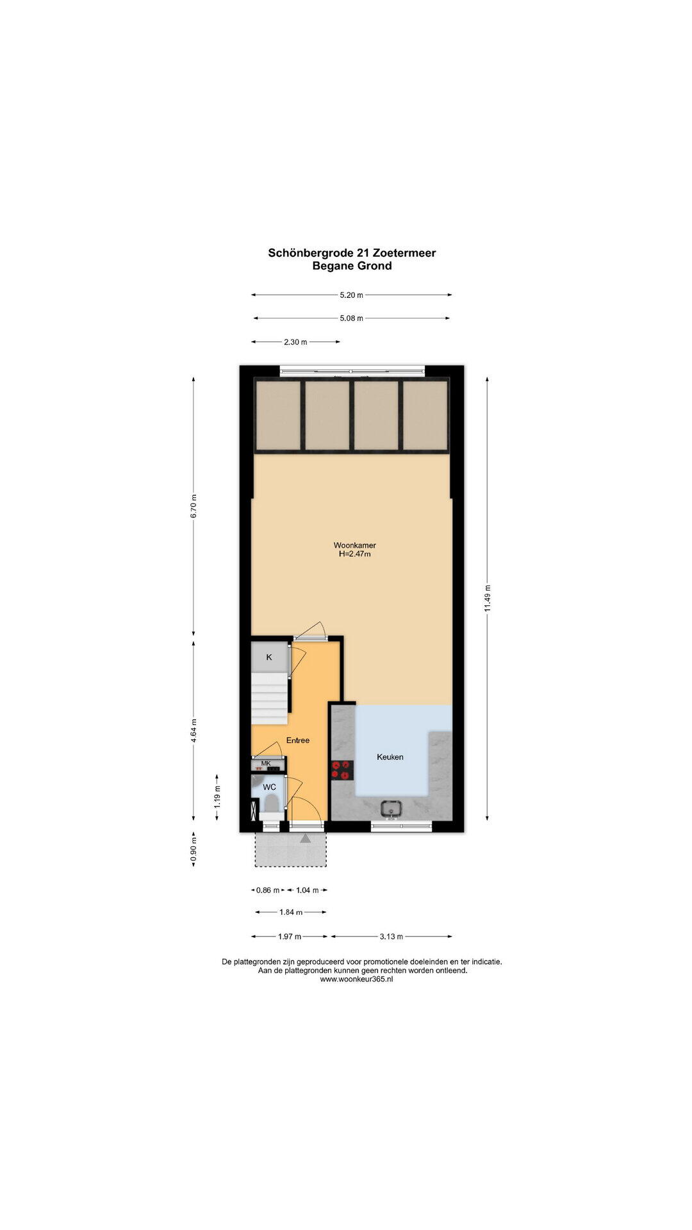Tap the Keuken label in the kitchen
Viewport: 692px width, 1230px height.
pos(390,757)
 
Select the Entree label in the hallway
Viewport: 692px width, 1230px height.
pos(298,740)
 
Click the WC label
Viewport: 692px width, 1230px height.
pos(270,787)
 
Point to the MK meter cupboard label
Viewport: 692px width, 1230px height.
pos(266,763)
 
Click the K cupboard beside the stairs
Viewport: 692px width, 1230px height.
pos(269,657)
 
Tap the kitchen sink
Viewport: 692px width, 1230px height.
pos(391,809)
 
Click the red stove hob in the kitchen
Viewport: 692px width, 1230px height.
pos(342,769)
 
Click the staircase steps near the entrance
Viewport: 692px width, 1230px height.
pos(269,698)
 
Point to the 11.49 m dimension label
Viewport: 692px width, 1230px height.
pos(488,598)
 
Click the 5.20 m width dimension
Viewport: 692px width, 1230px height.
pos(351,295)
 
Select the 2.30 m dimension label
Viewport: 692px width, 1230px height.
pos(295,341)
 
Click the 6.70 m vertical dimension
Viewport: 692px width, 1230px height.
pos(194,507)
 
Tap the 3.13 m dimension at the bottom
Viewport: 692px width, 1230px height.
pos(391,936)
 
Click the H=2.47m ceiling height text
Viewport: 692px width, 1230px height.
pos(355,554)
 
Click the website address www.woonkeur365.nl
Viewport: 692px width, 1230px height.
pos(356,979)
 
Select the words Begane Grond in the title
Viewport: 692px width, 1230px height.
pos(352,266)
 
